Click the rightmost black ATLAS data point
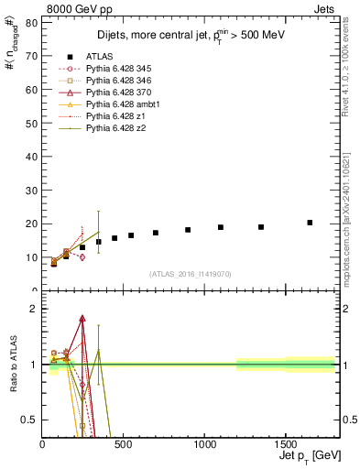tap(310, 223)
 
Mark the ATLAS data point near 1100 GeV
tap(221, 227)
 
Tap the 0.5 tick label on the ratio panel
tap(29, 420)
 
